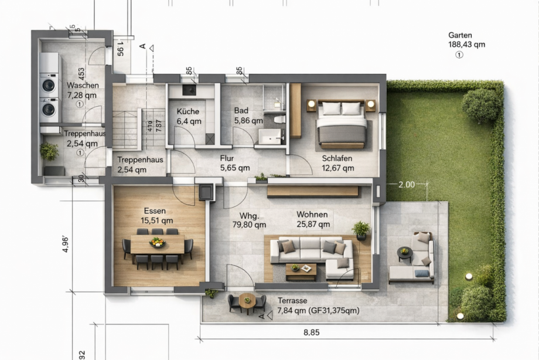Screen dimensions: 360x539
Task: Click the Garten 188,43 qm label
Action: coord(466,40)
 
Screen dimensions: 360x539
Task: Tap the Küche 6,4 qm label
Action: coord(188,116)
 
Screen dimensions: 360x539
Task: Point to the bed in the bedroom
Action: coord(343,124)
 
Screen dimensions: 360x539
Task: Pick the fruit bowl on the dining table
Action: coord(156,242)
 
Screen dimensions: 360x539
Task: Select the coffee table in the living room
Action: coord(301,270)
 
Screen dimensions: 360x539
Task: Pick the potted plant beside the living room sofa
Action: coord(361,229)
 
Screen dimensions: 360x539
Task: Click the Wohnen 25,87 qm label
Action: coord(312,219)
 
